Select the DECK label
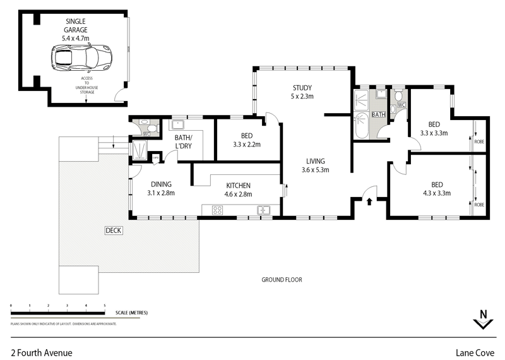click(114, 231)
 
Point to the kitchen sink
click(263, 210)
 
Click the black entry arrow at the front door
click(370, 201)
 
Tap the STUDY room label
click(302, 88)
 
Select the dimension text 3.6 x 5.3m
click(316, 169)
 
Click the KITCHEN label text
click(240, 185)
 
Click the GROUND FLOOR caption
click(282, 279)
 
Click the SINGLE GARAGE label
click(75, 25)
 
